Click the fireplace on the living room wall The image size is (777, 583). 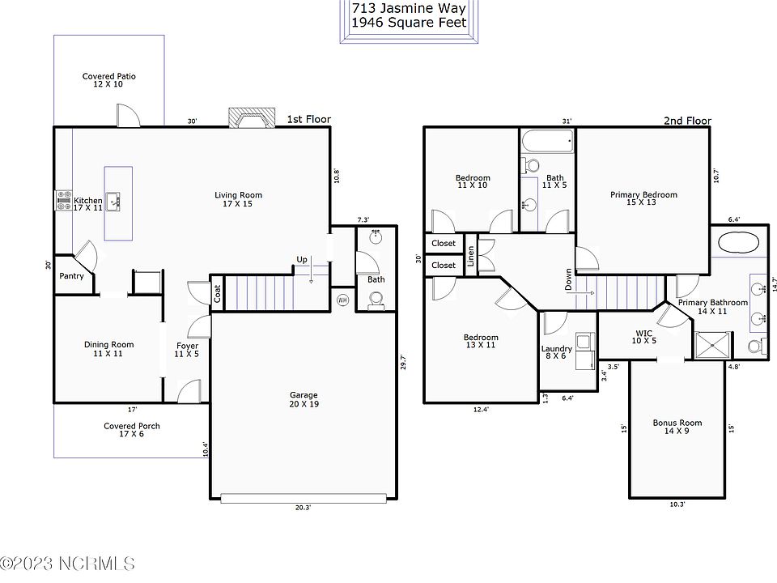tap(251, 118)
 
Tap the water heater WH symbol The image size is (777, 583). tap(342, 300)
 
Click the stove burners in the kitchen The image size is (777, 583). tap(63, 200)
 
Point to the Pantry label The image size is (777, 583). tap(71, 276)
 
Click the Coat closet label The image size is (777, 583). tap(218, 294)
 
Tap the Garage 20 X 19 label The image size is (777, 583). tap(304, 399)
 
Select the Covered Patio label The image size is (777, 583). tap(109, 80)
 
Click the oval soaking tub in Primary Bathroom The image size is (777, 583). tap(738, 244)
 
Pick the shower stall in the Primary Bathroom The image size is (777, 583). tap(713, 345)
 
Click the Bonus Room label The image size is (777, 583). tap(677, 427)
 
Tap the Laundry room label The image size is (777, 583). tap(557, 352)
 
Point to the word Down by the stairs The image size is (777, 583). tap(568, 279)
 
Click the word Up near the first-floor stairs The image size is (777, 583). tap(302, 259)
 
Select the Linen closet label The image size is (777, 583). tap(471, 256)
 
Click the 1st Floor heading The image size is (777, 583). tap(308, 120)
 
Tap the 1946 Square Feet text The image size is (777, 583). tap(410, 23)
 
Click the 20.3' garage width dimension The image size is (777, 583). tap(304, 508)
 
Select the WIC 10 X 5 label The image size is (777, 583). tap(643, 337)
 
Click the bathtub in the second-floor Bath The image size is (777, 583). tap(548, 140)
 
